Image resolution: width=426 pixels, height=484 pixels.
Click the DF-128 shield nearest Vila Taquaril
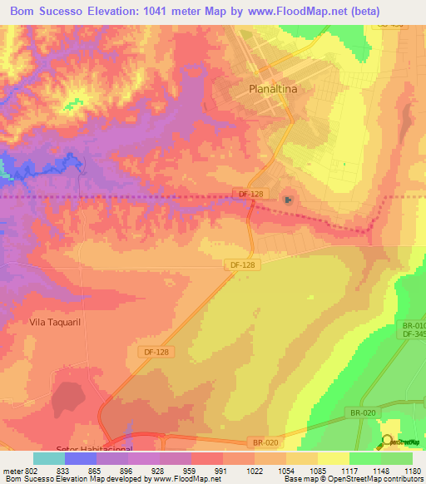[x=156, y=353]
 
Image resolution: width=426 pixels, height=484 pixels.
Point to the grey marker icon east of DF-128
[x=288, y=199]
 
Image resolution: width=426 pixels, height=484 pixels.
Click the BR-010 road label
[x=413, y=325]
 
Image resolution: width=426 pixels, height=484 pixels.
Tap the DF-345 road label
[x=413, y=334]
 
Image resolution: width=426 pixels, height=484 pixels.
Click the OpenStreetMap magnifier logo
[x=387, y=441]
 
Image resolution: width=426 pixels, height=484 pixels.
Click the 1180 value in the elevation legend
[x=412, y=470]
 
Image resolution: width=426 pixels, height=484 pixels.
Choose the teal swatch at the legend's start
[x=49, y=458]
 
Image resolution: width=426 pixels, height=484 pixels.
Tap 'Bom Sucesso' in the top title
[x=44, y=12]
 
